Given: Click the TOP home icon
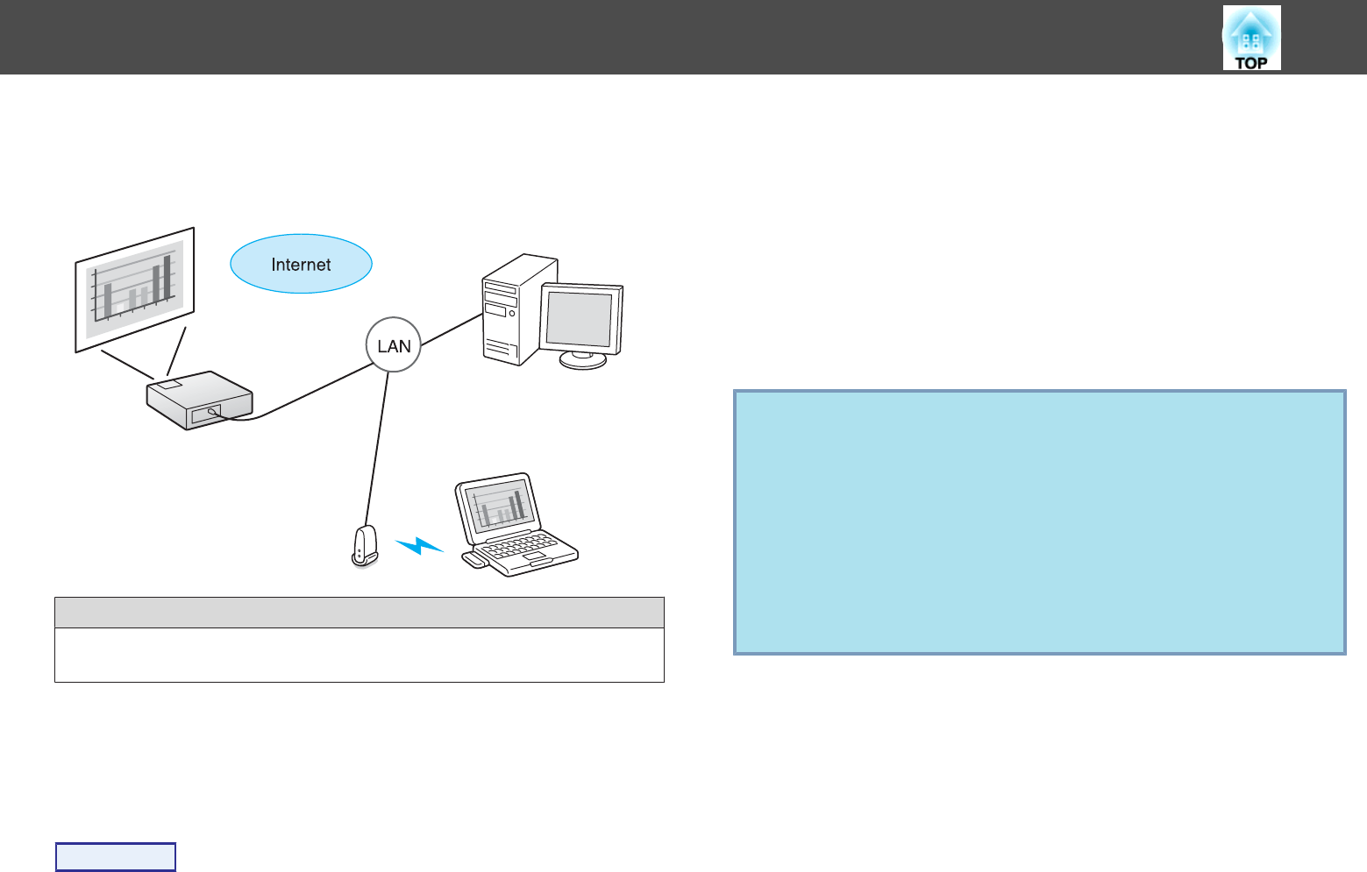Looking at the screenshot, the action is [1251, 38].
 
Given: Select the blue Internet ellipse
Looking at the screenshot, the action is [301, 264].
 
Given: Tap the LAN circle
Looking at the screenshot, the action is [394, 345].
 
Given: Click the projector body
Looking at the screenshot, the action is [199, 400].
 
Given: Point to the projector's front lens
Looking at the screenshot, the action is [211, 411].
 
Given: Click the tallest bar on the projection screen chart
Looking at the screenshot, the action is [167, 276].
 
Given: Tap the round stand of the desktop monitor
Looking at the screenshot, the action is [583, 360].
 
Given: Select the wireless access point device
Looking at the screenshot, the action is [365, 545].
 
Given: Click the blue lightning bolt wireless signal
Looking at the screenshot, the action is [419, 546].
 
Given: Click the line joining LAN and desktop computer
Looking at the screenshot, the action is [451, 330].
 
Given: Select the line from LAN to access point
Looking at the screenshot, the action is [378, 447].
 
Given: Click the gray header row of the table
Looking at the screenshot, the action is [359, 613].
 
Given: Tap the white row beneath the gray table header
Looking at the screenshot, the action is [359, 655].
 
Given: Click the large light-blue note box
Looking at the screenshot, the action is [1039, 522].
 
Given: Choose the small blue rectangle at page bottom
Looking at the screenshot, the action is [116, 856].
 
